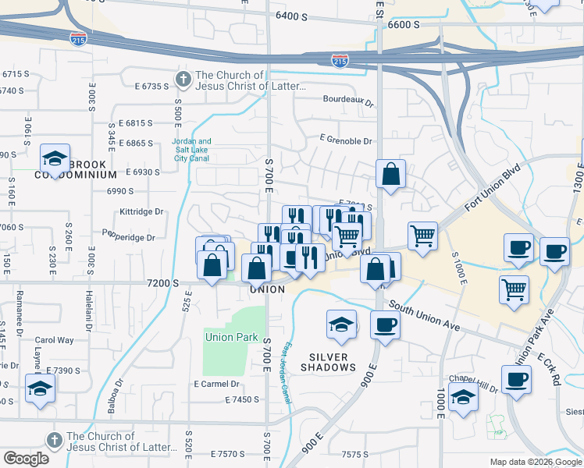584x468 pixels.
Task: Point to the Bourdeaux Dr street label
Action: click(x=348, y=100)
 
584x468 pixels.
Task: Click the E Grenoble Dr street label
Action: click(x=346, y=141)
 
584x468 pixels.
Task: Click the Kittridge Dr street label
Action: click(x=141, y=211)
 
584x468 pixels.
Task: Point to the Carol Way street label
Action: click(x=54, y=340)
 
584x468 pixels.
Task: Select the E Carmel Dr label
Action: click(x=216, y=384)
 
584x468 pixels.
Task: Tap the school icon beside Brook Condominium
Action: click(x=55, y=158)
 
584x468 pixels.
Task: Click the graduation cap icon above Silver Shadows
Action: click(x=341, y=324)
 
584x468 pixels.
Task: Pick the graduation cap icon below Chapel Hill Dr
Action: click(x=464, y=398)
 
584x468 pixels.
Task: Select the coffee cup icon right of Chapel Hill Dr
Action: click(x=515, y=381)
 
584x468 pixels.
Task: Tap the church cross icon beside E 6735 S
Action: click(x=183, y=79)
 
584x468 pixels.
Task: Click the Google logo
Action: click(x=26, y=459)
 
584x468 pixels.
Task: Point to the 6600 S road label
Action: click(x=404, y=25)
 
